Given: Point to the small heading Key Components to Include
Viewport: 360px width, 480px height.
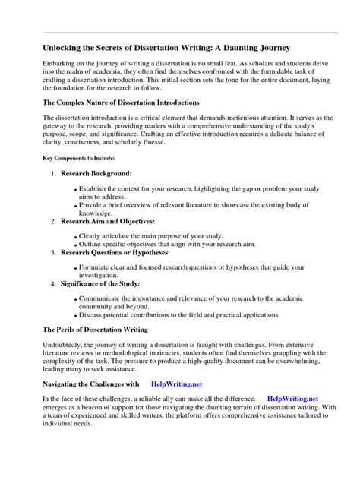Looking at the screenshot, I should click(x=77, y=159).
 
